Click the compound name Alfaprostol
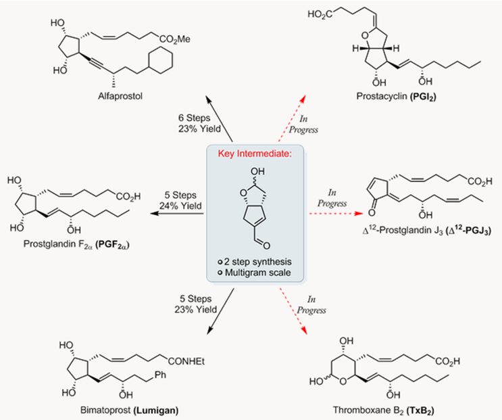point(120,96)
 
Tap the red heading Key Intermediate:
point(255,154)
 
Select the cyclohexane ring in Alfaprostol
point(160,60)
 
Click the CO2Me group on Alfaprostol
point(175,40)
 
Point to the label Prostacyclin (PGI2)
point(397,97)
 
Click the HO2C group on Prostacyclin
point(320,14)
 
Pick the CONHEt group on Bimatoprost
point(186,362)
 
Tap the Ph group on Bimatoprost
point(159,375)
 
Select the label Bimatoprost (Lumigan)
point(129,410)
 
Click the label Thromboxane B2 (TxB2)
point(384,411)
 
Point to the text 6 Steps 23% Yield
point(199,123)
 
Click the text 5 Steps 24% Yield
point(180,200)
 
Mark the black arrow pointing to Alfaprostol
point(220,118)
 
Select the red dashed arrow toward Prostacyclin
point(292,118)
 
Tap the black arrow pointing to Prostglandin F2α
point(177,213)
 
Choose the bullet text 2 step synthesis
point(255,262)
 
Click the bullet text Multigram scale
point(255,273)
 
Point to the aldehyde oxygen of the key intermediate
point(266,246)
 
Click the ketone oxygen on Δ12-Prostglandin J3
point(372,212)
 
